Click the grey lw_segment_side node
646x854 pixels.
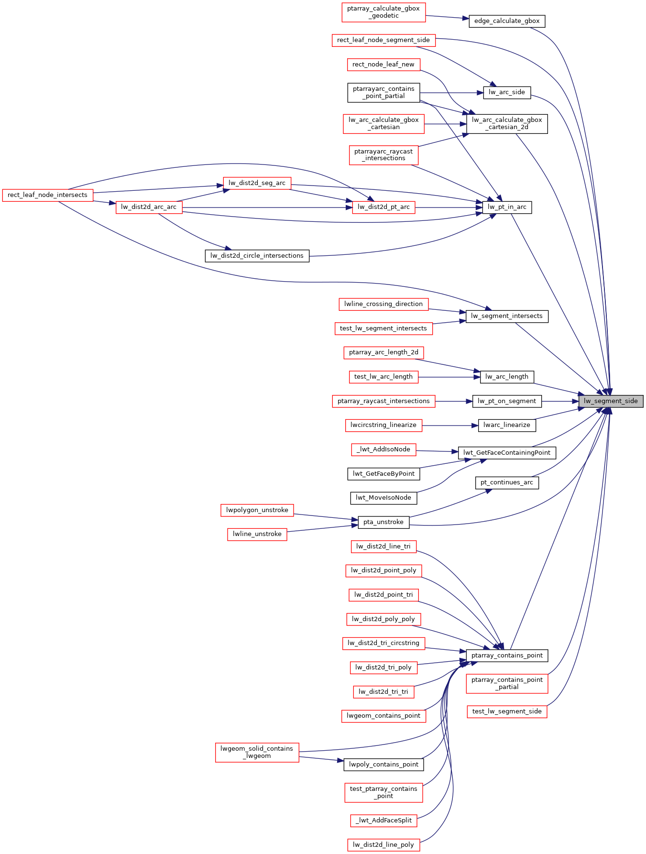click(x=611, y=401)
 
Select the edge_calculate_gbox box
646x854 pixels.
click(x=507, y=21)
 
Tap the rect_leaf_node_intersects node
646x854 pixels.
click(x=47, y=195)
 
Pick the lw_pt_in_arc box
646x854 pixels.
click(x=507, y=207)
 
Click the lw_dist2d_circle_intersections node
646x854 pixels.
click(x=257, y=256)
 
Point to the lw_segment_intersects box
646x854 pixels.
click(x=507, y=316)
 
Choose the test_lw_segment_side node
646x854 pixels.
click(x=507, y=712)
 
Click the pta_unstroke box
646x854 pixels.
click(x=383, y=522)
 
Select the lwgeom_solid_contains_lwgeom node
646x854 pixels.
click(x=257, y=752)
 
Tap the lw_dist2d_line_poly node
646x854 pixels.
click(x=383, y=845)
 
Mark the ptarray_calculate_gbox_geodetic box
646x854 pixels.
click(x=383, y=12)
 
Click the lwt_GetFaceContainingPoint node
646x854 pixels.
click(x=507, y=453)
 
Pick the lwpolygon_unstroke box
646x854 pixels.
click(x=257, y=510)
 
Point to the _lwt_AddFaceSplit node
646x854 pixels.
click(x=383, y=821)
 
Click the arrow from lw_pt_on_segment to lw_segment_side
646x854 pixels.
click(x=559, y=401)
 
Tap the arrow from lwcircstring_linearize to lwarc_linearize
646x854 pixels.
click(x=449, y=425)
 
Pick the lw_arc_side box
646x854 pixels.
click(x=507, y=92)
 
